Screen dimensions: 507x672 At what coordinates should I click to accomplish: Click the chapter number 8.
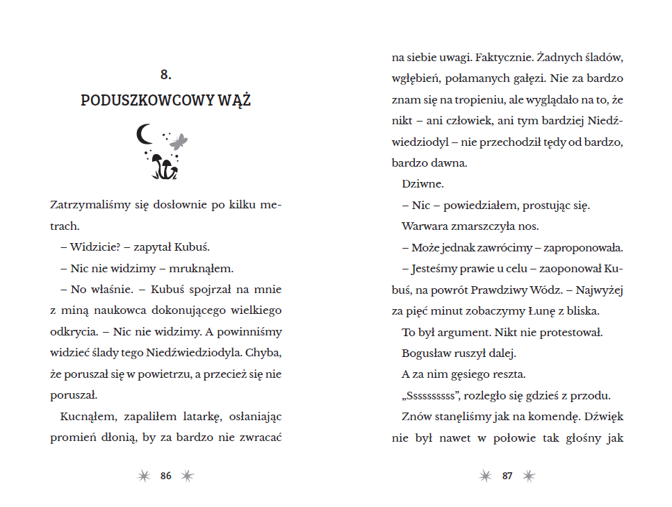(x=165, y=74)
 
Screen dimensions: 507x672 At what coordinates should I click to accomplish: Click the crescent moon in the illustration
(x=145, y=134)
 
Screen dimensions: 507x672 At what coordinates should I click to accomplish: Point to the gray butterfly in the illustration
(x=179, y=141)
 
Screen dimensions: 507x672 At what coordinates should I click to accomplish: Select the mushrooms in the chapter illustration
(x=164, y=165)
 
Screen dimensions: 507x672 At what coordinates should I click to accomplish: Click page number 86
(x=165, y=476)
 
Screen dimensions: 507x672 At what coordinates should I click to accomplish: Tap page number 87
(x=507, y=476)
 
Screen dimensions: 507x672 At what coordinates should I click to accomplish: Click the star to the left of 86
(x=144, y=476)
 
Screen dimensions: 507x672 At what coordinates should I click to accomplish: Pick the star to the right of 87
(x=529, y=476)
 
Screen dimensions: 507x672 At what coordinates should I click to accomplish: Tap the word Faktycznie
(x=505, y=57)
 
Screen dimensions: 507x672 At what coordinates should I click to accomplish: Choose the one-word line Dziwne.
(x=423, y=184)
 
